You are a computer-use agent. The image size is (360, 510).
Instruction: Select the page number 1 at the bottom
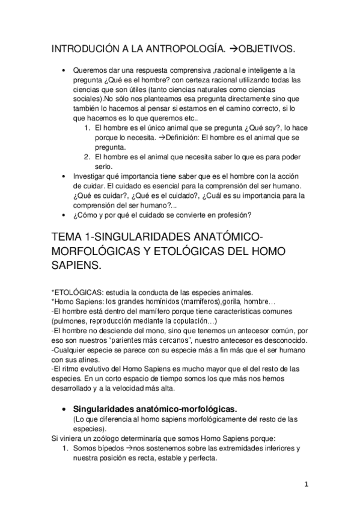(306, 484)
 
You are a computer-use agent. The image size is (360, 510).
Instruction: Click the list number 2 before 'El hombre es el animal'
(88, 157)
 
